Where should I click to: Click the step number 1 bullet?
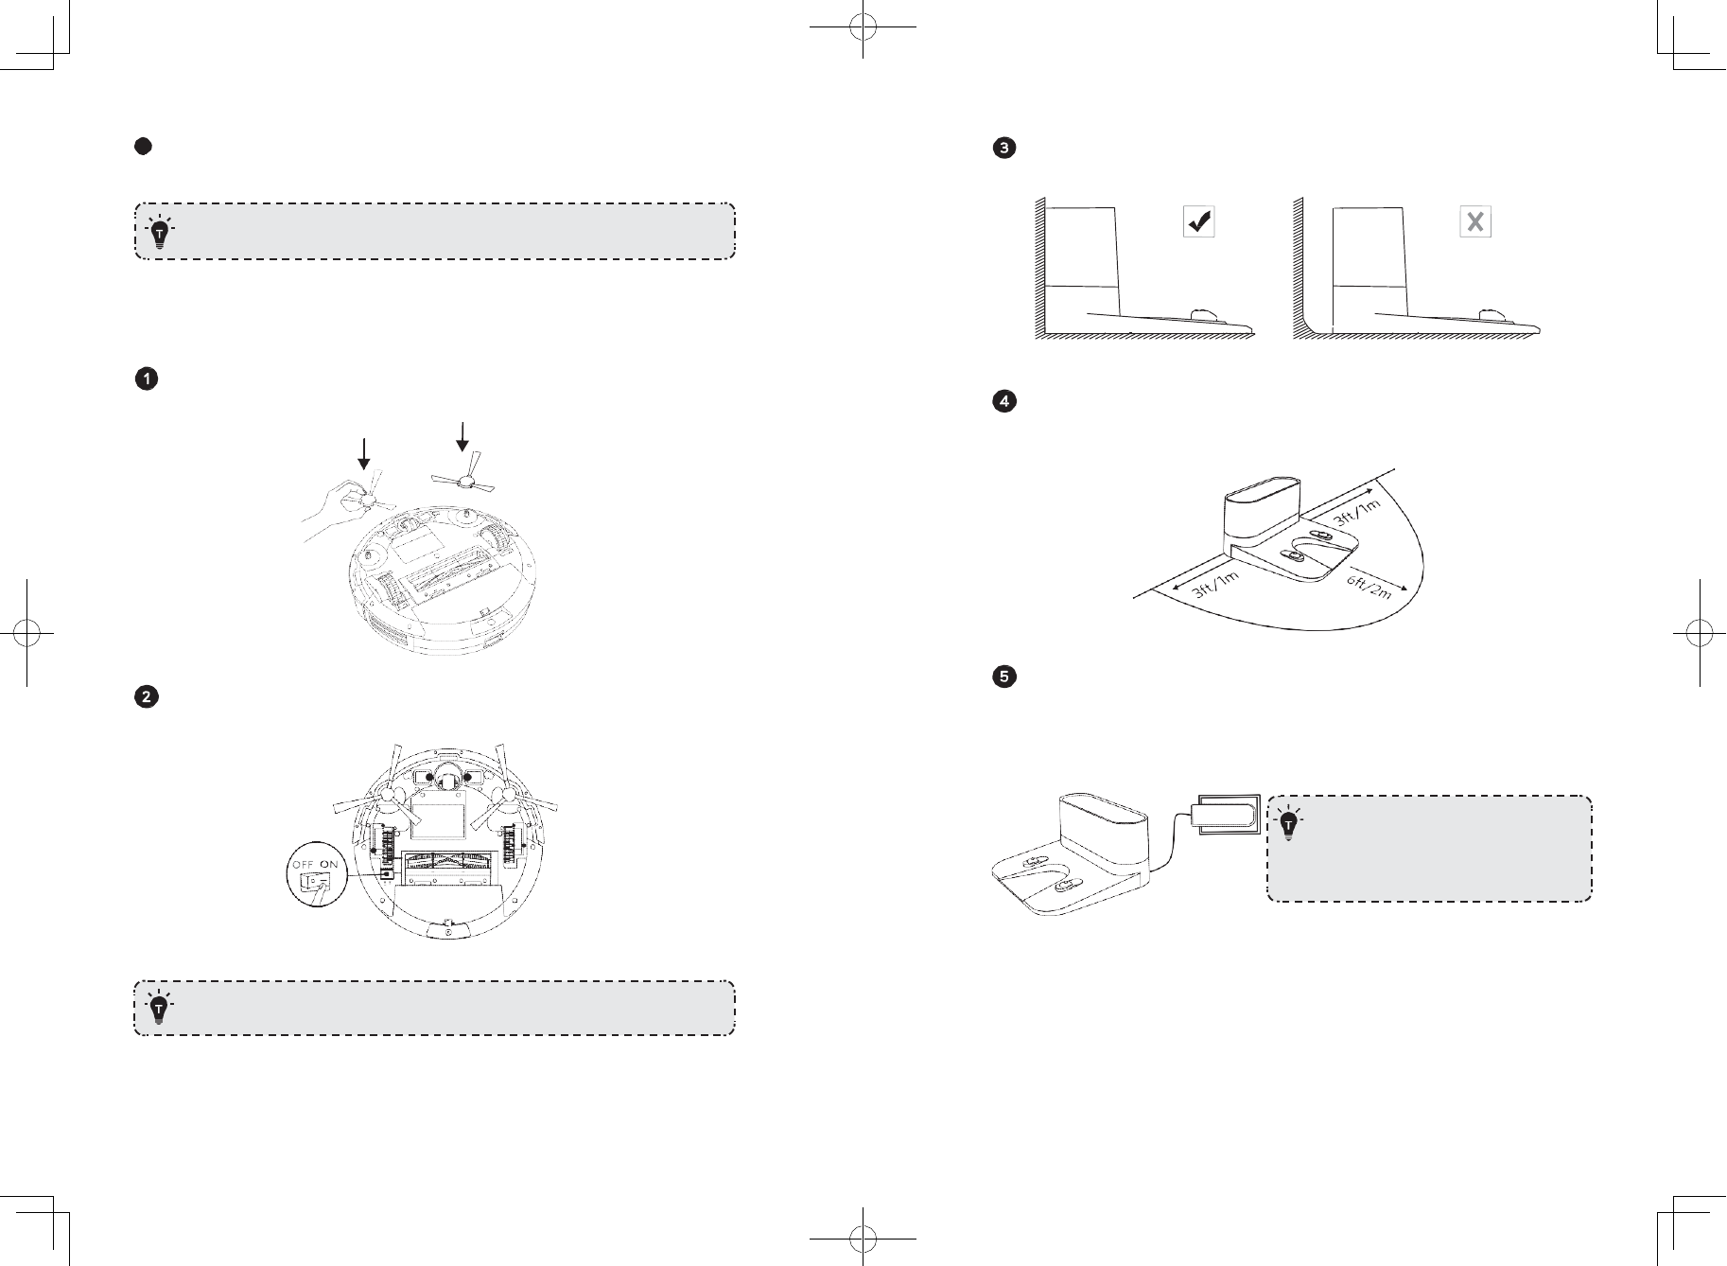(147, 379)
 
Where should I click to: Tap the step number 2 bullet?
(147, 697)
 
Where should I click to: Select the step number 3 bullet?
(1003, 148)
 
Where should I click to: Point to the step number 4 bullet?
(1003, 401)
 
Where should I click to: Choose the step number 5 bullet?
(1003, 677)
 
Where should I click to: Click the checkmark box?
(1199, 222)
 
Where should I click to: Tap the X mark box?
(1475, 222)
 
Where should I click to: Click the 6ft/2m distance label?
(1369, 588)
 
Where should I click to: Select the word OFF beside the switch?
(303, 864)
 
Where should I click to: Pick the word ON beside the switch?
(328, 864)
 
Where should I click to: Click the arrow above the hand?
(363, 454)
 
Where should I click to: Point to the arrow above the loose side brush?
(462, 436)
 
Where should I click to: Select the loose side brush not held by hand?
(463, 481)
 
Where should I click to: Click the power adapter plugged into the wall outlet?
(1227, 813)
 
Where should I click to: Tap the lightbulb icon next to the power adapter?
(1288, 823)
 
